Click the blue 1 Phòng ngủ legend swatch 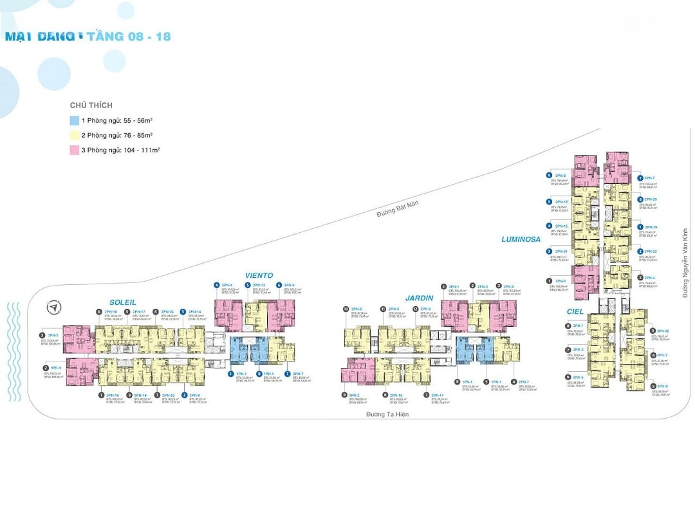75,120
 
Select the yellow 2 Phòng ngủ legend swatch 75,135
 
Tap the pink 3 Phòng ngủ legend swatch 75,150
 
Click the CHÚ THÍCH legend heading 91,105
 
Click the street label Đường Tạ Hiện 387,414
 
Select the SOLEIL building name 122,302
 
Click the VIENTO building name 259,276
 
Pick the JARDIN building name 419,298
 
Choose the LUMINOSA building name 521,239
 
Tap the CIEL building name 576,311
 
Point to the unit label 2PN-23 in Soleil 168,395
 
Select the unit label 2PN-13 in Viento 259,285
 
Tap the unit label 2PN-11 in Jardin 438,395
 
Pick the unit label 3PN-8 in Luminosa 560,176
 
